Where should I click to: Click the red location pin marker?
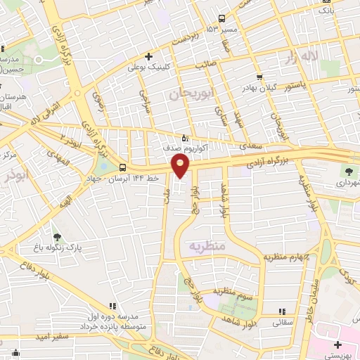tap(181, 166)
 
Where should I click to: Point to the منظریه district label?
tap(206, 246)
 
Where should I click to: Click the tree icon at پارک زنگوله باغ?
tap(58, 238)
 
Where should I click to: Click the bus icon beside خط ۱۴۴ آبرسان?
tap(124, 167)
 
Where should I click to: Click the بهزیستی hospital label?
tap(344, 356)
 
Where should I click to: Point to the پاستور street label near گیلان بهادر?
tap(297, 86)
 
